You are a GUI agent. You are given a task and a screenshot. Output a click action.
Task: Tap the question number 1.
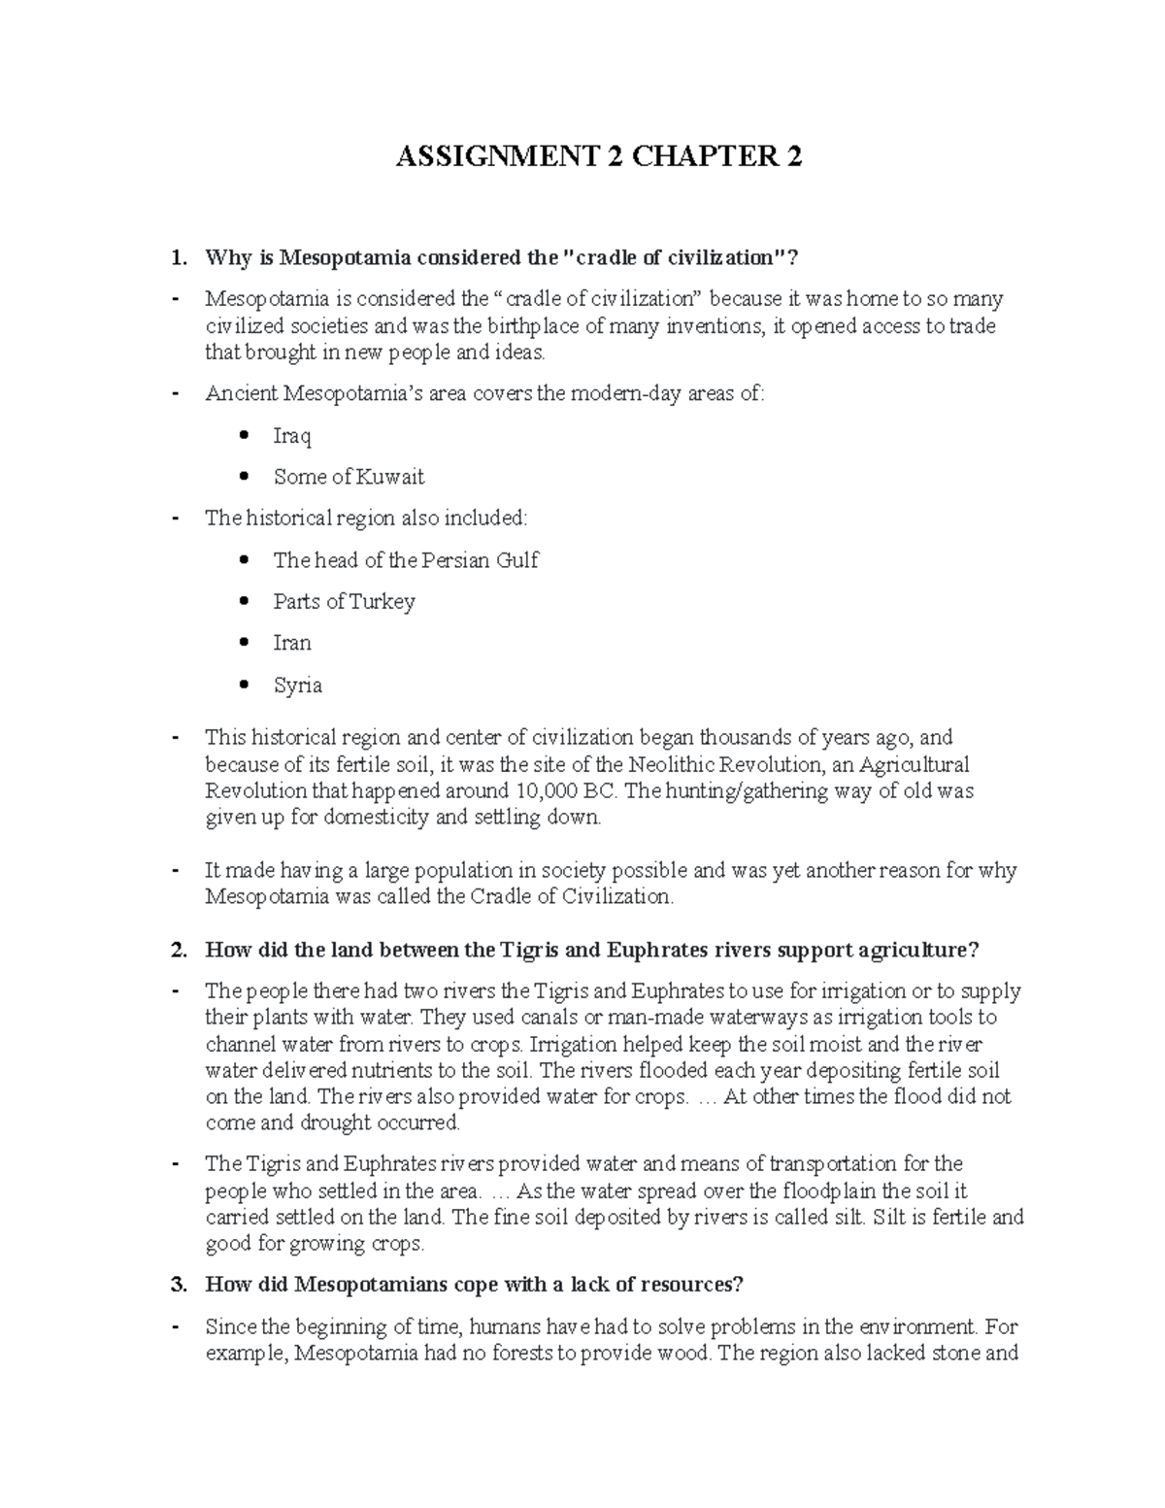point(177,258)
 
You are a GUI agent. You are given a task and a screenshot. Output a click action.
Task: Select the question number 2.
point(177,950)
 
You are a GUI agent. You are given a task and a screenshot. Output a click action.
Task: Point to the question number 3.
point(177,1285)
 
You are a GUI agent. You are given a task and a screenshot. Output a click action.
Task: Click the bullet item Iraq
point(292,436)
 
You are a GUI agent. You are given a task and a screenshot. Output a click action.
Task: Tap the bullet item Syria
point(297,686)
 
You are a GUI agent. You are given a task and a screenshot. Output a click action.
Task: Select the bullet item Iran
point(292,643)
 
